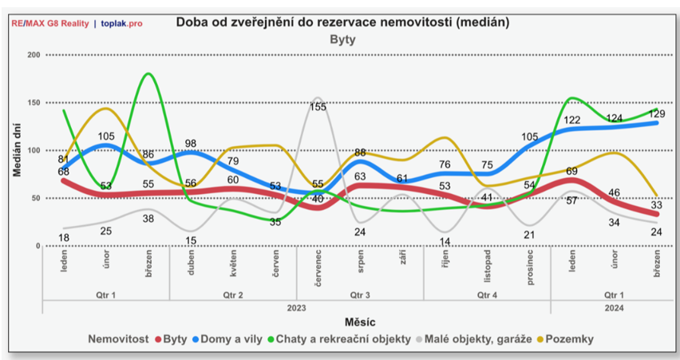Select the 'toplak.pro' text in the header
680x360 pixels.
point(122,23)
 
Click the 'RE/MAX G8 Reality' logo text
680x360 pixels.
point(49,23)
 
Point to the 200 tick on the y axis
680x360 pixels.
point(33,54)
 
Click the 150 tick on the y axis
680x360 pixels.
point(33,102)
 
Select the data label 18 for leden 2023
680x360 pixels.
point(64,237)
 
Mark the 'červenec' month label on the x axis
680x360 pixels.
point(318,264)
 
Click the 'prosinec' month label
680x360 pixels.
point(530,264)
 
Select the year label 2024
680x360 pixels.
point(615,306)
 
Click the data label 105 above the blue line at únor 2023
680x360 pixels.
point(106,136)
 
